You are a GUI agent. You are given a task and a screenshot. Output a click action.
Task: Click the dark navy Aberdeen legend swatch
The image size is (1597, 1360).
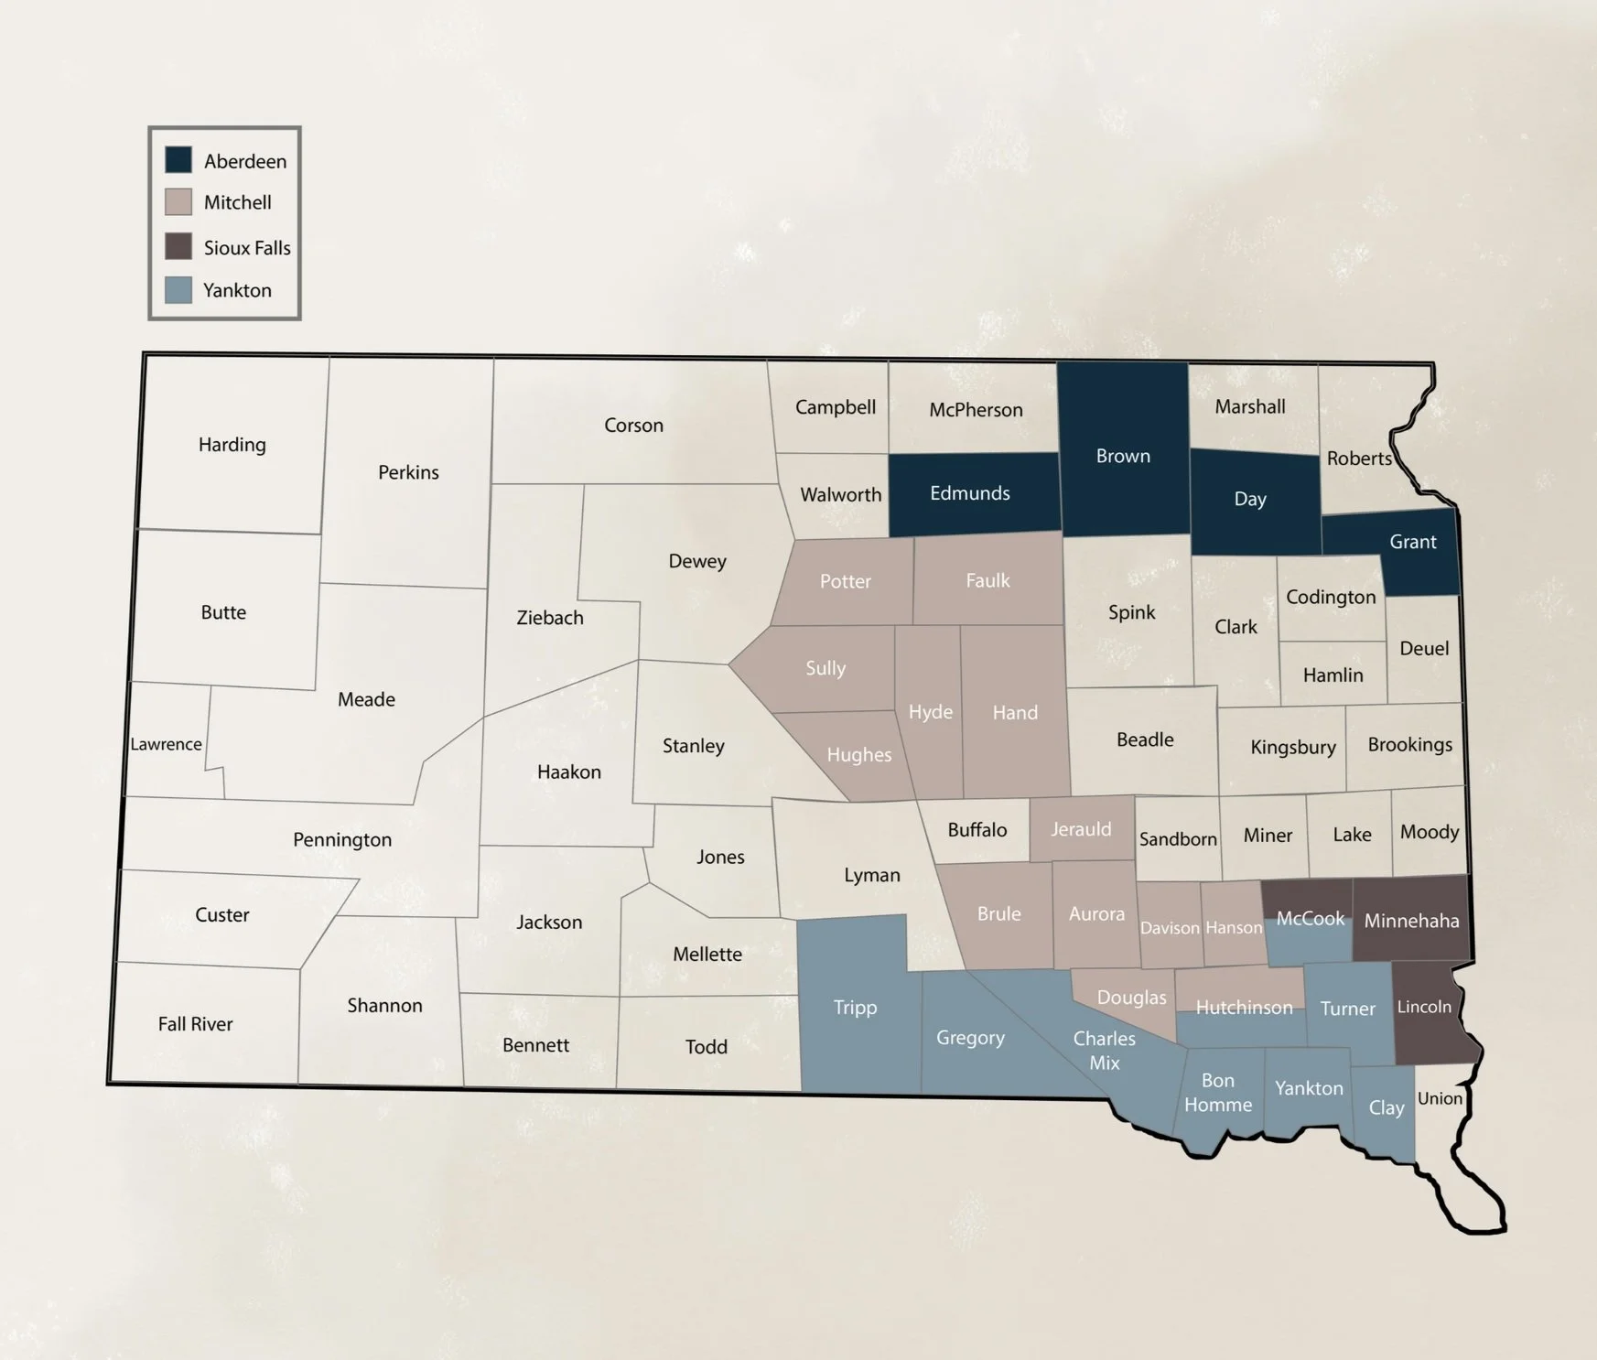(x=178, y=160)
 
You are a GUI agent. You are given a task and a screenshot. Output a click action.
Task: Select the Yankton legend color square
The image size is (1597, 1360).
(x=178, y=290)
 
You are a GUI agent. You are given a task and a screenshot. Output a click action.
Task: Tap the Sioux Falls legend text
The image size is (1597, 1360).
(x=247, y=248)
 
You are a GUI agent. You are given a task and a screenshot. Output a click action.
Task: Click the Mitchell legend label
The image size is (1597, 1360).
(x=237, y=202)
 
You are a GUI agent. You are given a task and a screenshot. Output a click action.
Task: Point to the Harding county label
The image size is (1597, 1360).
(x=232, y=445)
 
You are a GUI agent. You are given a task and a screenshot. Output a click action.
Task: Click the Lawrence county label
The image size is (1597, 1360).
(x=166, y=744)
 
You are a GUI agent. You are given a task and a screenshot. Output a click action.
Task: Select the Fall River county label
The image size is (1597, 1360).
(x=195, y=1024)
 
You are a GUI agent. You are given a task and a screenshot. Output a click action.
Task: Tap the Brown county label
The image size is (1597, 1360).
(x=1123, y=456)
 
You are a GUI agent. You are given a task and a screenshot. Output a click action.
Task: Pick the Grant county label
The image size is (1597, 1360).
(x=1412, y=542)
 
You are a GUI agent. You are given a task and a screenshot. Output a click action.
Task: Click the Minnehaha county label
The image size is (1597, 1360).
(x=1411, y=921)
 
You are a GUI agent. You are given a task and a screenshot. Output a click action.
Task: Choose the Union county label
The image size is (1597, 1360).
(x=1440, y=1098)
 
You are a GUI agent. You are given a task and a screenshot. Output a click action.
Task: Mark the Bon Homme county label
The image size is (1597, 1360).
(x=1218, y=1093)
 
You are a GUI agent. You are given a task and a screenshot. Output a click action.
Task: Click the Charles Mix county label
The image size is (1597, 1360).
(x=1105, y=1051)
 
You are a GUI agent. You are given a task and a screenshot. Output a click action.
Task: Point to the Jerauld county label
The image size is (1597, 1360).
(x=1081, y=829)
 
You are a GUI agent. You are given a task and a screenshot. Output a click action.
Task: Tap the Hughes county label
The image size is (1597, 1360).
(x=858, y=755)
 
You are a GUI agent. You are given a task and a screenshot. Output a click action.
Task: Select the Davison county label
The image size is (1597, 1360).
(x=1170, y=928)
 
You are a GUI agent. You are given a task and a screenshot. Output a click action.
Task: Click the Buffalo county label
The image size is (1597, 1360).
(x=977, y=830)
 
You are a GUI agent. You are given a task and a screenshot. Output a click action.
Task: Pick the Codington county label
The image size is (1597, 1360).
(x=1331, y=598)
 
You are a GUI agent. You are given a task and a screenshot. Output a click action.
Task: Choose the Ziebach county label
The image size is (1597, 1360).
(x=550, y=618)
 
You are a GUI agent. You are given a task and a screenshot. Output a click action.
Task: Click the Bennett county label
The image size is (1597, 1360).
(x=535, y=1045)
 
